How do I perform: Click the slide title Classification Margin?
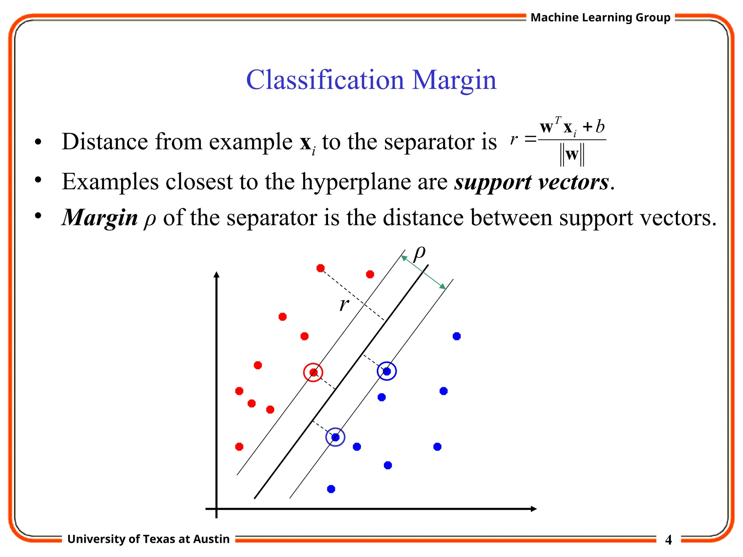[x=371, y=80]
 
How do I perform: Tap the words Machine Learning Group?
[x=600, y=17]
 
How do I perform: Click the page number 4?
[x=668, y=540]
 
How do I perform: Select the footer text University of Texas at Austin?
[x=148, y=539]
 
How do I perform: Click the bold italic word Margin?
[x=100, y=218]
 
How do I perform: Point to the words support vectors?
[x=531, y=182]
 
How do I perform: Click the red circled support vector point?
[x=313, y=372]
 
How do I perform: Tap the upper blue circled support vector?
[x=387, y=371]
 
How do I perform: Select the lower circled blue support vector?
[x=335, y=437]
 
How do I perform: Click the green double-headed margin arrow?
[x=423, y=272]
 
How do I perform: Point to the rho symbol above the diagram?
[x=419, y=253]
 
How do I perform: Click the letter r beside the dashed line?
[x=344, y=305]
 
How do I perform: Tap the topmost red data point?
[x=320, y=268]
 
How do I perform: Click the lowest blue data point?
[x=331, y=489]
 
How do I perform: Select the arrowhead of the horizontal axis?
[x=533, y=509]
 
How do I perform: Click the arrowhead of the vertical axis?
[x=217, y=275]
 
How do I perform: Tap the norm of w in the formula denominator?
[x=572, y=155]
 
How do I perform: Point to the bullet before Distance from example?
[x=38, y=142]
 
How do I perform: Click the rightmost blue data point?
[x=457, y=337]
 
